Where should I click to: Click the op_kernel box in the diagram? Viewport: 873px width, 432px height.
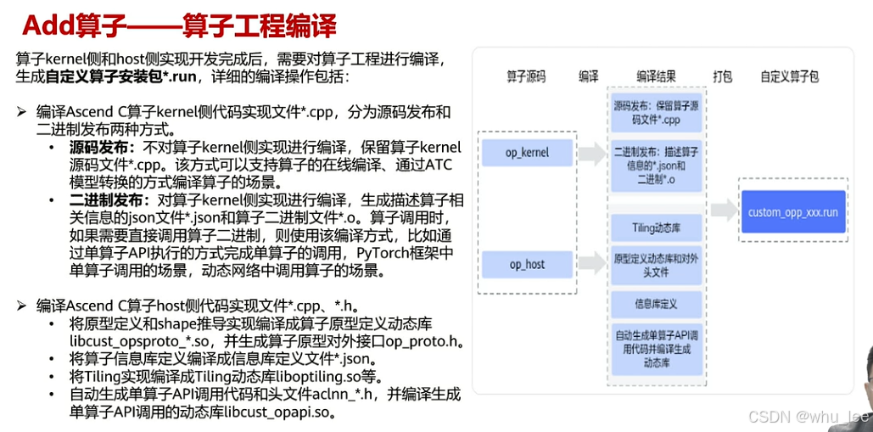click(528, 153)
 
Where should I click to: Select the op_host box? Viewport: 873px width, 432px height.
click(527, 264)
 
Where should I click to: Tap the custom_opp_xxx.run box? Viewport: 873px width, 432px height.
click(792, 211)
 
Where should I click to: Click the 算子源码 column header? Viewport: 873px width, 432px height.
click(526, 76)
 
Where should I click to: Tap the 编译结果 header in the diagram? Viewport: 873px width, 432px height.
click(657, 76)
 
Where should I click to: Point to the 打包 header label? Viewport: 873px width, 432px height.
click(723, 76)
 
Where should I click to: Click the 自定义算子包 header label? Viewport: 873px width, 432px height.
click(790, 76)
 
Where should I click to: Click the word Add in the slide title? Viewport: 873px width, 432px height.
click(45, 25)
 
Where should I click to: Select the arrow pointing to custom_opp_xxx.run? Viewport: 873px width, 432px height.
click(724, 211)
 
